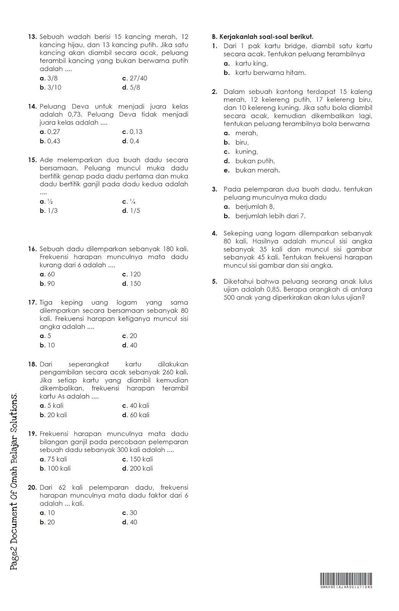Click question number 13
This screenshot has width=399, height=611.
point(32,37)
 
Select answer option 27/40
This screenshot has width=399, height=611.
point(138,78)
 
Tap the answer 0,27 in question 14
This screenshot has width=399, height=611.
point(53,132)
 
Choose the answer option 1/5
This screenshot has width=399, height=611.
point(135,211)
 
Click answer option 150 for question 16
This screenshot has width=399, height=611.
point(135,284)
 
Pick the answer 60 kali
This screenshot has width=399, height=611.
point(139,415)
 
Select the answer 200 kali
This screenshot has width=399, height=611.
point(141,469)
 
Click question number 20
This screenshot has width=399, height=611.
point(32,488)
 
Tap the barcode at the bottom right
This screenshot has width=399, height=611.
point(346,580)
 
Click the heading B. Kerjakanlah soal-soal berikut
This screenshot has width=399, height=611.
point(262,37)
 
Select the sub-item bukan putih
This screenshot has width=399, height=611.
point(255,161)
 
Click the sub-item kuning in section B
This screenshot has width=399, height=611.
point(246,152)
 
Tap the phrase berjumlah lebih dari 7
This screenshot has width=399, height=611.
point(270,216)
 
